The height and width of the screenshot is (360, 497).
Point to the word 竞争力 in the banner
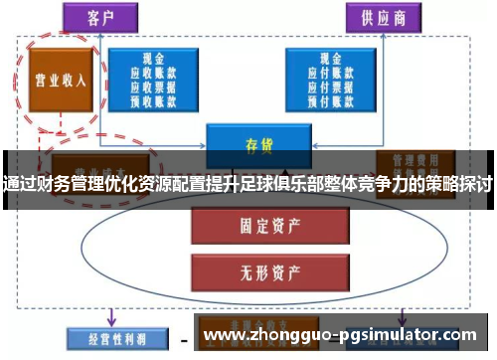point(387,184)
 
